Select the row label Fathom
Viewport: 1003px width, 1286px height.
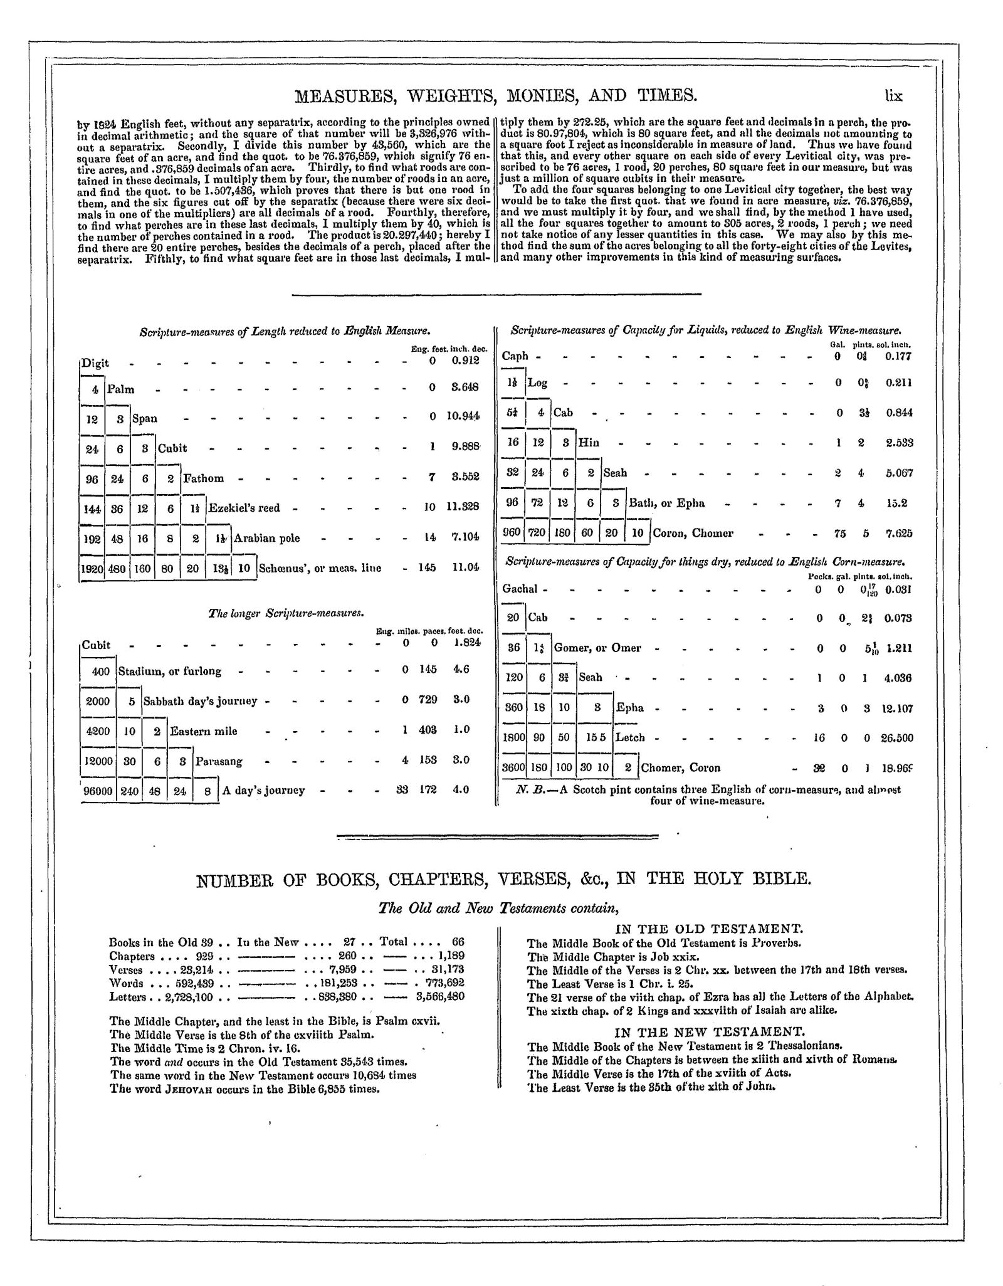203,478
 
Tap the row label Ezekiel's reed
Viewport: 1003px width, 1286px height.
244,508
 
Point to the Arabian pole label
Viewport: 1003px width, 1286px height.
267,538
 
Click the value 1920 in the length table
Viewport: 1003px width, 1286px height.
92,568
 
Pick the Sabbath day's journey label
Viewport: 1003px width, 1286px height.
201,701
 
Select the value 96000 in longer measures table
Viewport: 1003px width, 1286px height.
99,791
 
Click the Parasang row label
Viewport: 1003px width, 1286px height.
219,762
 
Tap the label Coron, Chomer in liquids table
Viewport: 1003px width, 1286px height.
693,534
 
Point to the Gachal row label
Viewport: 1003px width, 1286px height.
520,589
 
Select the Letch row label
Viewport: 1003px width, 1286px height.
630,738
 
